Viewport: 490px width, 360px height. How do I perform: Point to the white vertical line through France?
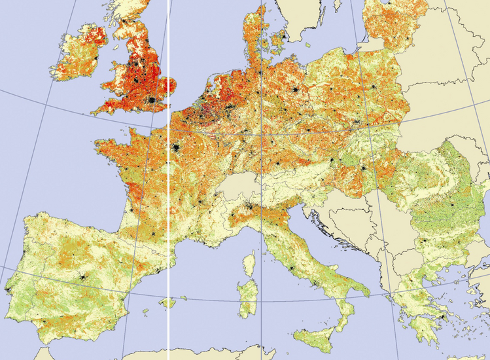click(169, 196)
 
